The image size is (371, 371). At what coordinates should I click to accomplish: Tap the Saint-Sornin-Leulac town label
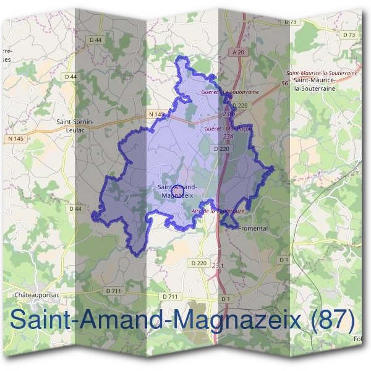75,126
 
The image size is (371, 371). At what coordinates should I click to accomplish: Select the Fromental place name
254,228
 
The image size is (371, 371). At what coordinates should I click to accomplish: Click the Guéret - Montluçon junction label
228,129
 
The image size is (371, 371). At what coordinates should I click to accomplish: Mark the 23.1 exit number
218,265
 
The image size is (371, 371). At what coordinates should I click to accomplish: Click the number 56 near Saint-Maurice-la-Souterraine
285,83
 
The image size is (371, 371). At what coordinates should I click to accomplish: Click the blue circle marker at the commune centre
176,190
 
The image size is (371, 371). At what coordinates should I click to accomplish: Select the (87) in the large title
334,320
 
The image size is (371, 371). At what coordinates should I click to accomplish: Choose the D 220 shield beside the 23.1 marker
198,263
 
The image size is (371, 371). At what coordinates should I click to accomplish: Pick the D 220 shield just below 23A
221,149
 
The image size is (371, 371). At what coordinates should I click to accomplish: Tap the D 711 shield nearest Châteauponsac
113,291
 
